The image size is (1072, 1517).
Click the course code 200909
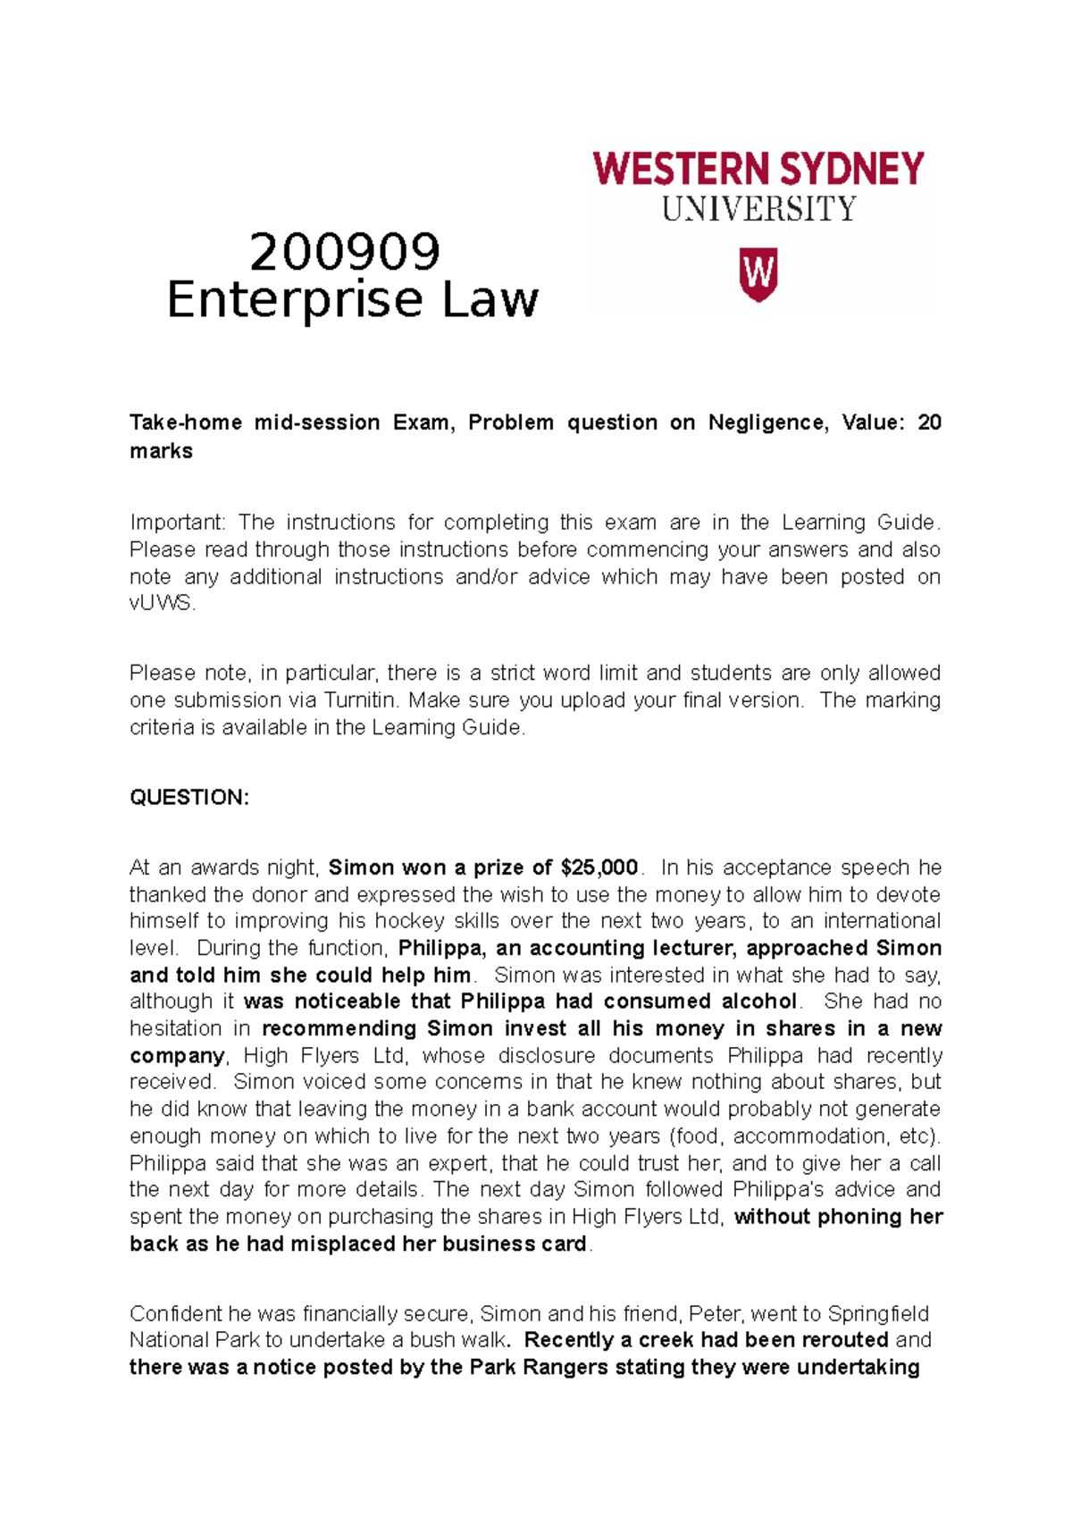pyautogui.click(x=345, y=252)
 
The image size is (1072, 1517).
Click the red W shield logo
pyautogui.click(x=758, y=274)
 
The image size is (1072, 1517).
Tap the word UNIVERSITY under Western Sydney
pyautogui.click(x=758, y=210)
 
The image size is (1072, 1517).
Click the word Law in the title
pyautogui.click(x=490, y=299)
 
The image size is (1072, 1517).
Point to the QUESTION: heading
pyautogui.click(x=189, y=797)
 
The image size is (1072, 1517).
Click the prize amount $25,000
pyautogui.click(x=599, y=867)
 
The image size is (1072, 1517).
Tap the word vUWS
pyautogui.click(x=161, y=603)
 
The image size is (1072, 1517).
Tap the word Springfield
pyautogui.click(x=877, y=1314)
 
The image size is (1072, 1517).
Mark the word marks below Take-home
pyautogui.click(x=161, y=451)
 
